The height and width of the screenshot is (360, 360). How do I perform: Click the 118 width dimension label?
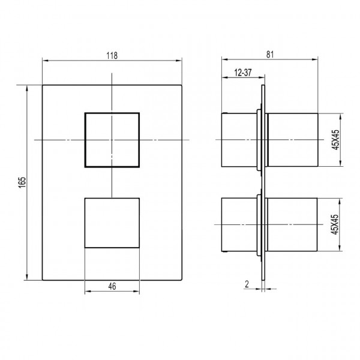click(112, 55)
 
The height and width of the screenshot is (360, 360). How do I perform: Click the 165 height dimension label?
click(22, 182)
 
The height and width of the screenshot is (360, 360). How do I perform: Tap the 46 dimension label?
click(112, 287)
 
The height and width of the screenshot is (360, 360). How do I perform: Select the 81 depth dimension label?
click(269, 55)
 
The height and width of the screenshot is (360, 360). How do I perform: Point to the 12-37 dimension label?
click(243, 72)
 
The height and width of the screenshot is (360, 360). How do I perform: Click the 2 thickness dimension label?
click(247, 285)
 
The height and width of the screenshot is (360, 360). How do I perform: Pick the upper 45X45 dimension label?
click(335, 140)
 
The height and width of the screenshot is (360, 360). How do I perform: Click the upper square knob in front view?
click(112, 140)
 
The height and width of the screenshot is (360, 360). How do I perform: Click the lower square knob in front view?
click(112, 223)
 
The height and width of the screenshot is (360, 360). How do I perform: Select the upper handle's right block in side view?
click(292, 140)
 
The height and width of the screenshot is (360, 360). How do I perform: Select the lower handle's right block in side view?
click(292, 226)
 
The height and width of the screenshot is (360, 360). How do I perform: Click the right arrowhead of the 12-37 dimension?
click(260, 78)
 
